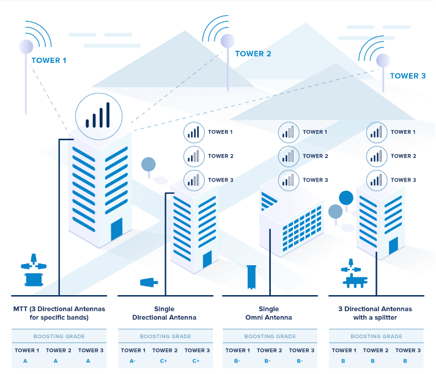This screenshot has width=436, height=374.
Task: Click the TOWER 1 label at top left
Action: pos(49,61)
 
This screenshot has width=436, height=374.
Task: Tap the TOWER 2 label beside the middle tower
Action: pos(253,54)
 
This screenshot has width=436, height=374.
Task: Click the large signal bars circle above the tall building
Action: pos(98,115)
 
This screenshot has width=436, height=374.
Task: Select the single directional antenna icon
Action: pos(149,282)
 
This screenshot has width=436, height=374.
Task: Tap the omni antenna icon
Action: pos(251,277)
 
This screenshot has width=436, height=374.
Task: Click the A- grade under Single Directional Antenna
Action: pos(133,361)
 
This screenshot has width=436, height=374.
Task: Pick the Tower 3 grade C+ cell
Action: pos(196,361)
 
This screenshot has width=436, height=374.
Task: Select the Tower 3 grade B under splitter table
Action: pos(405,361)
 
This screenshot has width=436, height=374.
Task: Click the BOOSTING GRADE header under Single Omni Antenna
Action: pos(270,337)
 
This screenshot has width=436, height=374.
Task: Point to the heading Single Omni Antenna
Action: pos(270,313)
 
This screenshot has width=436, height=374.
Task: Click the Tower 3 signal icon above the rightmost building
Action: pos(375,180)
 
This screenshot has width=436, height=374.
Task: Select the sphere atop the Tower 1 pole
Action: pos(26,46)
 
